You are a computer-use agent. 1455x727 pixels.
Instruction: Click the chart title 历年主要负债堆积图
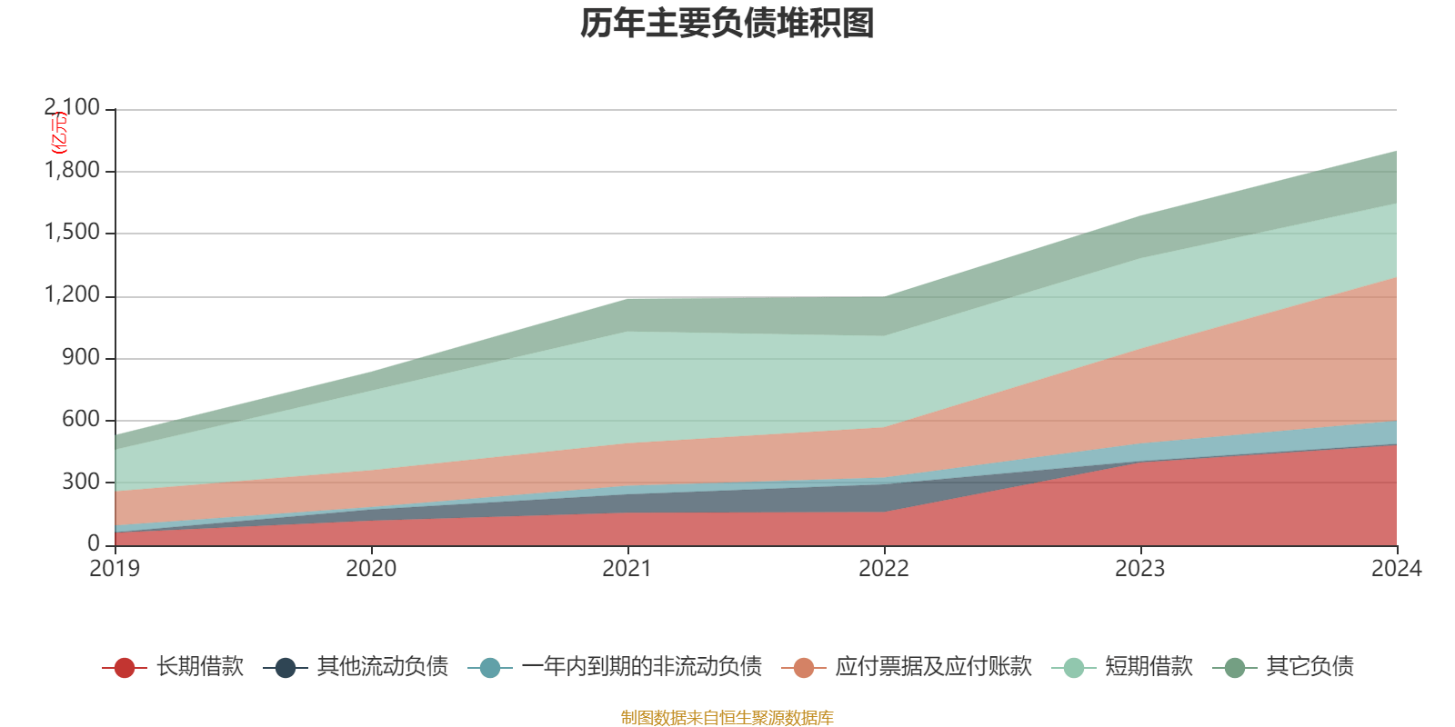tap(727, 24)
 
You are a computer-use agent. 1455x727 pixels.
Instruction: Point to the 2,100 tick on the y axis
tap(72, 108)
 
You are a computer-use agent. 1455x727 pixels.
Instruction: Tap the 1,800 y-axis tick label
tap(72, 170)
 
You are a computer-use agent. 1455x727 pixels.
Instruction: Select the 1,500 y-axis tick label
tap(72, 233)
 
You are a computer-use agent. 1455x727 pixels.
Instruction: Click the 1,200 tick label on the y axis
tap(72, 295)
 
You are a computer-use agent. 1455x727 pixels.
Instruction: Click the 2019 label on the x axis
tap(115, 569)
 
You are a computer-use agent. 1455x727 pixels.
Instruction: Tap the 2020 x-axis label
tap(371, 569)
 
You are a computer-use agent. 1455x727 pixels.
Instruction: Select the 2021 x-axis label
tap(627, 569)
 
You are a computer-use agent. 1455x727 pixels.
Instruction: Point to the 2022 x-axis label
tap(884, 569)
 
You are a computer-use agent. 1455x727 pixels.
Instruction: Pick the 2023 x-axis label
tap(1140, 569)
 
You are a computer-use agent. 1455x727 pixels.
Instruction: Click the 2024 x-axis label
tap(1396, 569)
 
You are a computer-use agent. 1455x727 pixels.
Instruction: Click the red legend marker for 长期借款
tap(125, 668)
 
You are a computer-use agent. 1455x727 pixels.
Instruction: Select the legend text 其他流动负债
tap(382, 667)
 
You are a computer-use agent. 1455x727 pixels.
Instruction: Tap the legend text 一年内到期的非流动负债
tap(641, 667)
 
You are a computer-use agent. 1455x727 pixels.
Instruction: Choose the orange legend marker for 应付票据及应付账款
tap(804, 668)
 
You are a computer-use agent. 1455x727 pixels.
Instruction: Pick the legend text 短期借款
tap(1149, 667)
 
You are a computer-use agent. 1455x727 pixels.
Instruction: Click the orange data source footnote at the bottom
tap(727, 718)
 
